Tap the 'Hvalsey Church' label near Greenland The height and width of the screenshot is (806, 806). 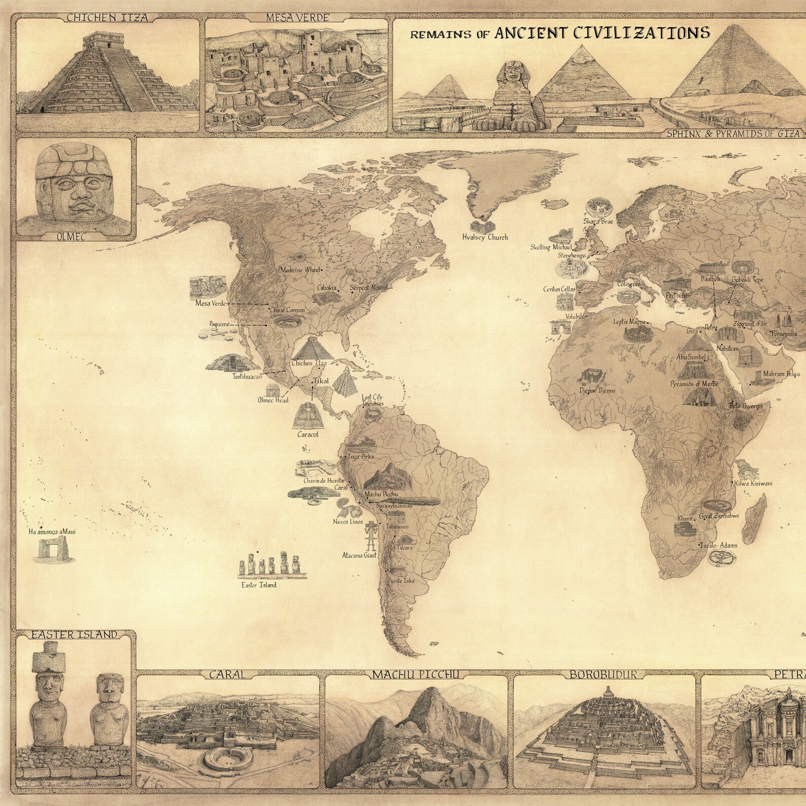coord(485,237)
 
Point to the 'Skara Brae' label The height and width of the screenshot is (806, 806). coord(598,221)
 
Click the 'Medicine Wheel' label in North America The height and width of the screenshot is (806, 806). coord(301,270)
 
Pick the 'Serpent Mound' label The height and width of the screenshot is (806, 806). coord(368,287)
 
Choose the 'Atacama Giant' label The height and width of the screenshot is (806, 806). coord(359,555)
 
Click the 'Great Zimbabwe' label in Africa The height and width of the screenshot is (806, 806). coord(719,516)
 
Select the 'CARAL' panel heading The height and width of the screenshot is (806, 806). coord(227,675)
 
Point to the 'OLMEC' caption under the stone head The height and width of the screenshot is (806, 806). coord(74,236)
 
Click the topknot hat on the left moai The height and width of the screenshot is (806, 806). coord(47,659)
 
